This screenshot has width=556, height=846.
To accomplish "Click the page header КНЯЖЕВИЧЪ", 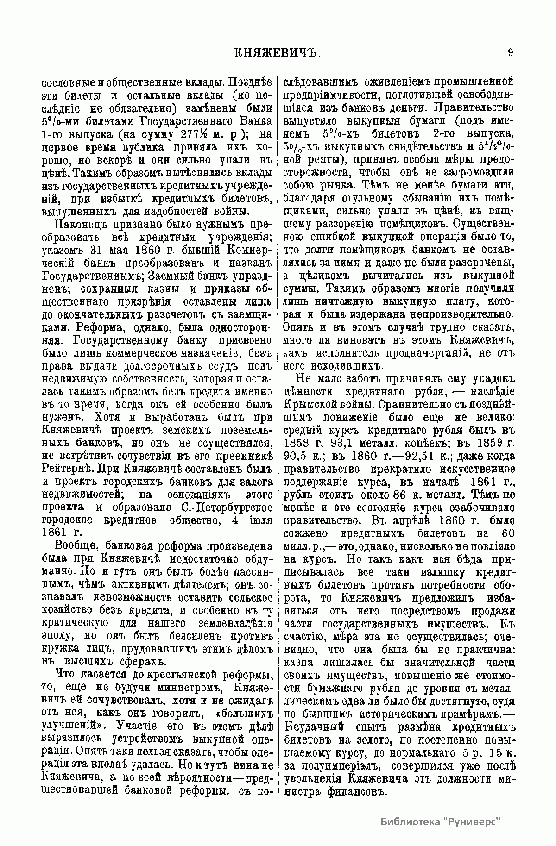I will point(278,52).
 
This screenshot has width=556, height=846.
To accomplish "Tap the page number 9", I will point(510,52).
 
